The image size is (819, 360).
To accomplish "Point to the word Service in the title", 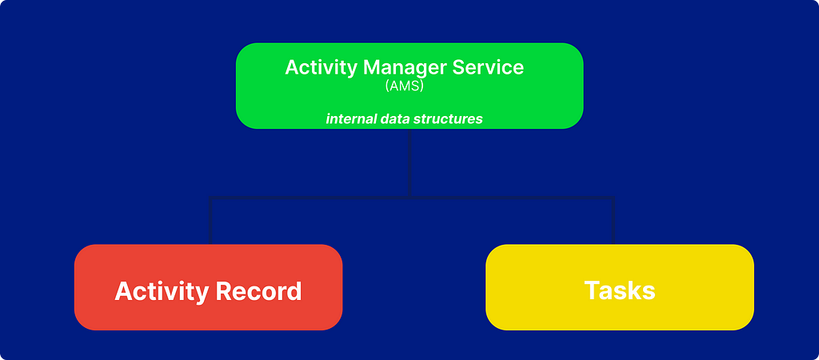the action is [x=488, y=67].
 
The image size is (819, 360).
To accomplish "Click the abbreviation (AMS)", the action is [x=404, y=84].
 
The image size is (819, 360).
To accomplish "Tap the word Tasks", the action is [x=620, y=290].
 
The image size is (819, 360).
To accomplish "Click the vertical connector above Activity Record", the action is [x=210, y=221].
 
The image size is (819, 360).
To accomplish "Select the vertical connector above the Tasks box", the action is [x=613, y=221].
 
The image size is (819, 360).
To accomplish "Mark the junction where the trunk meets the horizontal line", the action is [x=409, y=198].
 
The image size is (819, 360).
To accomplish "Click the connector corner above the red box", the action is [x=210, y=198].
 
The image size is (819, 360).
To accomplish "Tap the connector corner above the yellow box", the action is [x=613, y=198].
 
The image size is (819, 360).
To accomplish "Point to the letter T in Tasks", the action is [x=592, y=290].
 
